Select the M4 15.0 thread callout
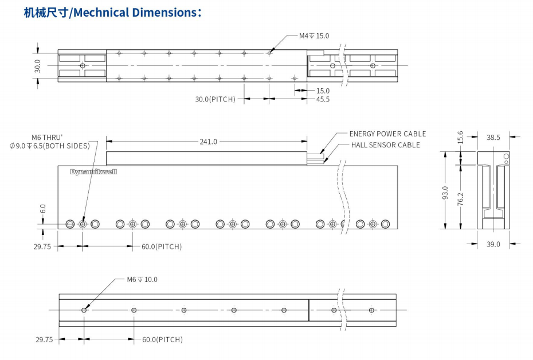[314, 36]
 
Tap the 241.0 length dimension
[208, 142]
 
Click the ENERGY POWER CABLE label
[387, 134]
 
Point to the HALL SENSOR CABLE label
[385, 145]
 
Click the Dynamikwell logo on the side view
[93, 171]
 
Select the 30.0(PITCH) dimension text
[215, 99]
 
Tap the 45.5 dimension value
[323, 99]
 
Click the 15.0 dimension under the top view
[323, 91]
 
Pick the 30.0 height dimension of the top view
[37, 65]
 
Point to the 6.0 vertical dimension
[42, 209]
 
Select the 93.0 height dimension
[445, 190]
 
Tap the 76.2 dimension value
[460, 199]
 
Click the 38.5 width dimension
[493, 137]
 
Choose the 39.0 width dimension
[493, 244]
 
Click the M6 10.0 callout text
[142, 280]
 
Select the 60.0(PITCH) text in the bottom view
[162, 339]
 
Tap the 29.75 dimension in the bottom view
[45, 339]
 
